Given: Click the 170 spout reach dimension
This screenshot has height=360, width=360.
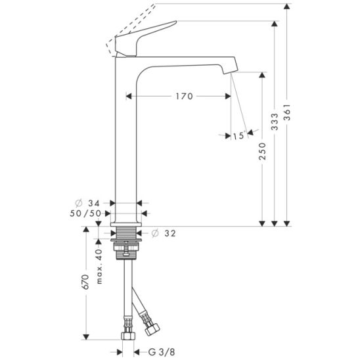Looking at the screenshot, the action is coord(184,96).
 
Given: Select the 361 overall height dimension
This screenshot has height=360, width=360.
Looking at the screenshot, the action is coord(287,112).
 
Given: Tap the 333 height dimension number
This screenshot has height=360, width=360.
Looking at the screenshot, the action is coord(275,122).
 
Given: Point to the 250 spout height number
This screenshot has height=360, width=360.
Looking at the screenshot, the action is coord(262,151).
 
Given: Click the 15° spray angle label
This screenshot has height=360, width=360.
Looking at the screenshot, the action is coord(239,135).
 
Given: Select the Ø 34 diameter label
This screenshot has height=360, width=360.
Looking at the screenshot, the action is coord(88,203).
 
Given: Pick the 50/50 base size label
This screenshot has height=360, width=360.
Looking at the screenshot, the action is coord(85,214).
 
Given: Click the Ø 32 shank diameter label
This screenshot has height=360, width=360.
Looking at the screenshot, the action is coord(164,233).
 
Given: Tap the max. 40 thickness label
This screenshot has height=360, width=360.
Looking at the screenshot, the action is coord(99,266).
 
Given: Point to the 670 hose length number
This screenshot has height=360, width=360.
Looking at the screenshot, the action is coord(85,282).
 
